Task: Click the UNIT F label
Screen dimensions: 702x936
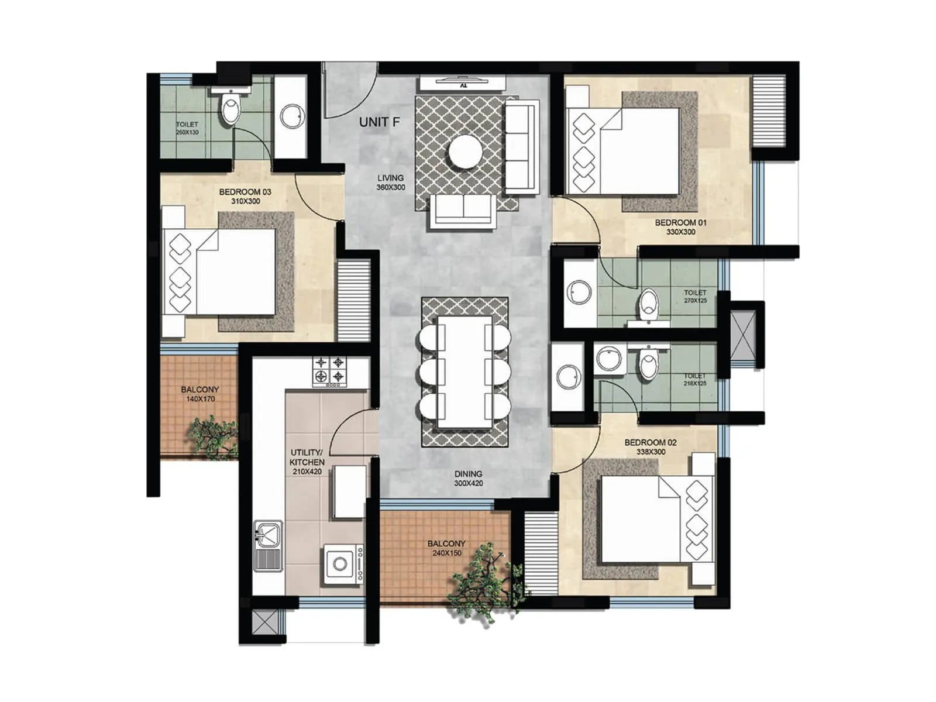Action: coord(380,122)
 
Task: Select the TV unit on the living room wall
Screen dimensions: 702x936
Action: coord(462,83)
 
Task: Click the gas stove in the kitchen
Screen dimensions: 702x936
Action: coord(329,371)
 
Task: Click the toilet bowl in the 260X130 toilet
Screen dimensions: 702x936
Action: coord(230,109)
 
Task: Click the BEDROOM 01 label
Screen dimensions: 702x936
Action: coord(680,222)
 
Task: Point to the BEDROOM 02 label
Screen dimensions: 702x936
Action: coord(651,443)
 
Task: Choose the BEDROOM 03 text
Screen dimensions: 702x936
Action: coord(245,192)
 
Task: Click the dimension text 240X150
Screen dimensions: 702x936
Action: coord(447,553)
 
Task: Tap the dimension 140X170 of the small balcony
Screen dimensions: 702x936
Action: coord(201,399)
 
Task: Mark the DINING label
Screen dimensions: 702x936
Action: coord(469,474)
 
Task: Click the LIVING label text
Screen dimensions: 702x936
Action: coord(390,178)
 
